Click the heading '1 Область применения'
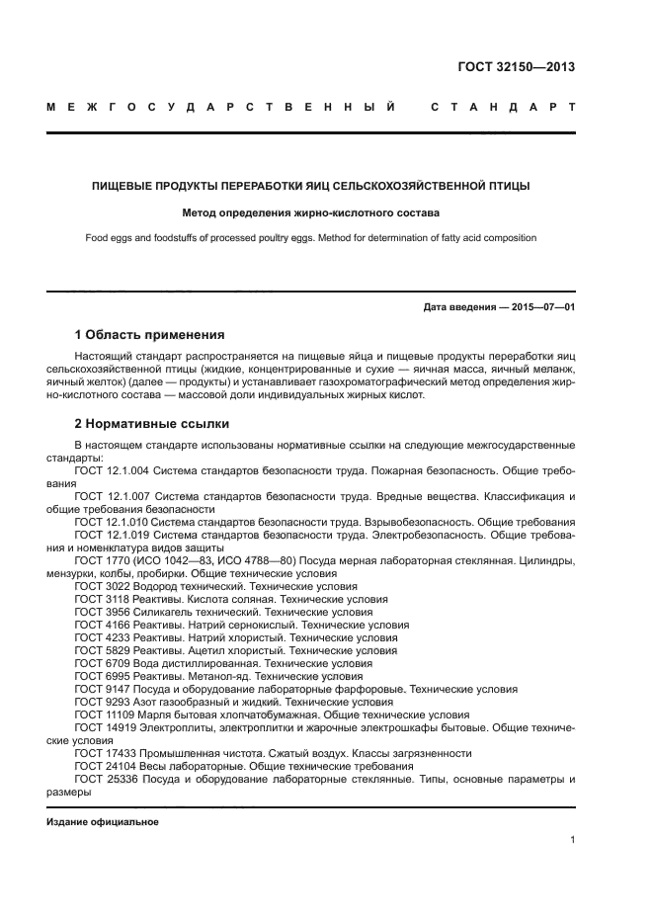tap(149, 334)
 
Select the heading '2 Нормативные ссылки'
tap(152, 424)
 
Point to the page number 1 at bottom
tap(572, 840)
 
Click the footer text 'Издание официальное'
tap(103, 822)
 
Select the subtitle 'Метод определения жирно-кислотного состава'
tap(311, 212)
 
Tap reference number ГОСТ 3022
tap(103, 586)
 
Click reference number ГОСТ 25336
tap(107, 779)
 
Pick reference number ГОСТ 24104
tap(107, 766)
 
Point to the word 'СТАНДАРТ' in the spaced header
tap(502, 107)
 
